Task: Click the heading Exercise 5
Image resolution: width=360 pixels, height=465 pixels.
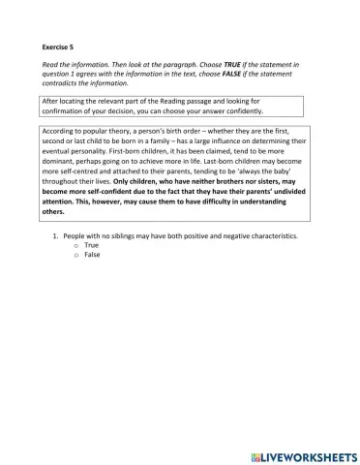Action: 59,46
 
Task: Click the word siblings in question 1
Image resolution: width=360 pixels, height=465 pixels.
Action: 125,236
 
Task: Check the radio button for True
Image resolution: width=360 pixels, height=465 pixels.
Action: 75,245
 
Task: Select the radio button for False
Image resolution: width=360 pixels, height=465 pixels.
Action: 75,254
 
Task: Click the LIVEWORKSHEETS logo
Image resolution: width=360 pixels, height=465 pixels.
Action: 302,453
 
